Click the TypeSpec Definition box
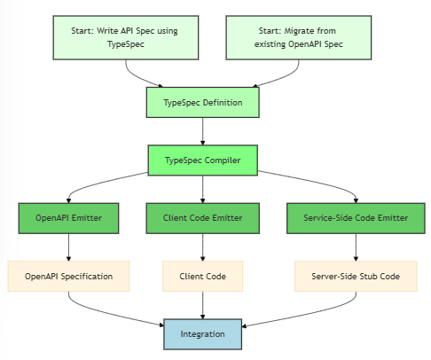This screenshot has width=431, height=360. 202,103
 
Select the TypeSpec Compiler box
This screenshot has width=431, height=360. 202,160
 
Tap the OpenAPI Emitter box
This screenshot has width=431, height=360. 68,218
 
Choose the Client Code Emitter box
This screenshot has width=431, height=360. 202,218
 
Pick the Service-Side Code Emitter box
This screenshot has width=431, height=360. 356,218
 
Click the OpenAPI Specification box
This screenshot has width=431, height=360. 68,277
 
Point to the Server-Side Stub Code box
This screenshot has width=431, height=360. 356,277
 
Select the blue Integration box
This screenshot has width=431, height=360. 202,334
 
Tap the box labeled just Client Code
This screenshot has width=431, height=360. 202,277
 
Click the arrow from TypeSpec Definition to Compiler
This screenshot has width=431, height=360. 202,131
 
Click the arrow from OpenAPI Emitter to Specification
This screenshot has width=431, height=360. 68,247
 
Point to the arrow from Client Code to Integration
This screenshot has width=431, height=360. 202,305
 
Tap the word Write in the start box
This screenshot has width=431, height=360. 107,31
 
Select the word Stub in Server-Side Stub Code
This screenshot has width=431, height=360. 368,277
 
